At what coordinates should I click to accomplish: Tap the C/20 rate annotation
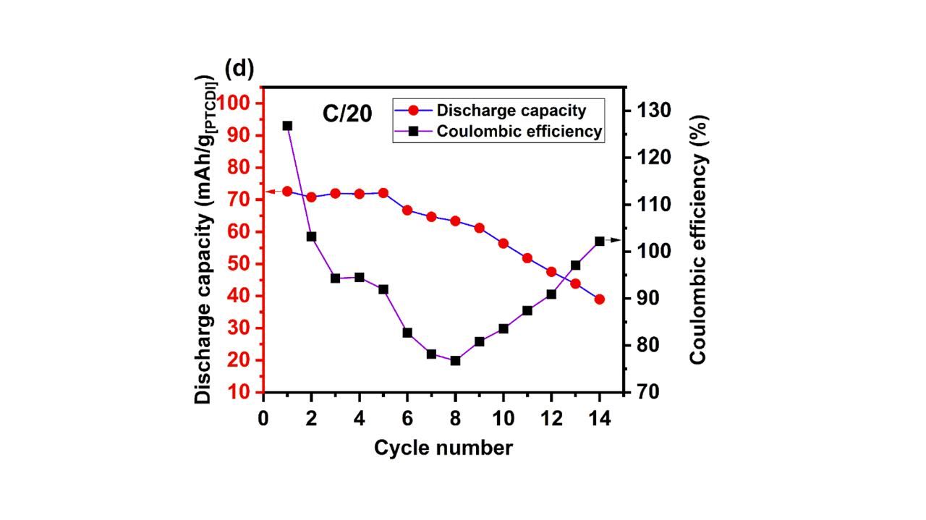pyautogui.click(x=347, y=114)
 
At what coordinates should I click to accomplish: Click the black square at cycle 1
pyautogui.click(x=287, y=126)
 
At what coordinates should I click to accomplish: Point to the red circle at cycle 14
pyautogui.click(x=599, y=299)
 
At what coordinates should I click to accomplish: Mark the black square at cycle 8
pyautogui.click(x=455, y=360)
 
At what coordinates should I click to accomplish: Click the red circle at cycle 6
pyautogui.click(x=407, y=210)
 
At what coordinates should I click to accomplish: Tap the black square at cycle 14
pyautogui.click(x=599, y=242)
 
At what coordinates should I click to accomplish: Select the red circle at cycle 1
pyautogui.click(x=287, y=192)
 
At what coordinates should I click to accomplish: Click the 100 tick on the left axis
pyautogui.click(x=235, y=103)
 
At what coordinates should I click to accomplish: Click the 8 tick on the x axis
pyautogui.click(x=455, y=418)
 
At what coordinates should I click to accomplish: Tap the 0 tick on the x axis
pyautogui.click(x=263, y=418)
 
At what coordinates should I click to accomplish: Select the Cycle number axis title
pyautogui.click(x=443, y=448)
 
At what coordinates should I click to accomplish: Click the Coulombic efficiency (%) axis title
pyautogui.click(x=697, y=239)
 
